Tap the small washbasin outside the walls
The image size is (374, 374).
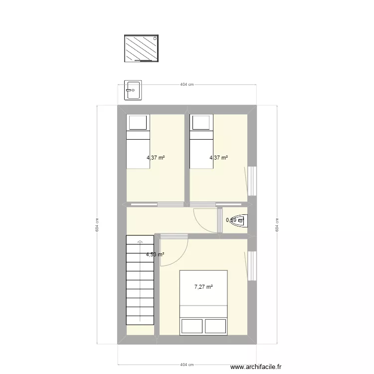(133, 90)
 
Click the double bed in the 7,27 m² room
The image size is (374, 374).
(203, 302)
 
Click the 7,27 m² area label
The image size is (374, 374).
(203, 287)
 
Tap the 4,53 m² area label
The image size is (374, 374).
(155, 254)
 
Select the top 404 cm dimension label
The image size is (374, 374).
(187, 85)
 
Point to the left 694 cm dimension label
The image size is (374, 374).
(97, 225)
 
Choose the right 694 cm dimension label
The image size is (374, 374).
(277, 225)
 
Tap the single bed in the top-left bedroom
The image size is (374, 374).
(138, 142)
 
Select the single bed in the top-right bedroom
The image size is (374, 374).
(201, 142)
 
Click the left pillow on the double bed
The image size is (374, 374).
(191, 326)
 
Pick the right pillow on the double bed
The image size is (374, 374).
(215, 326)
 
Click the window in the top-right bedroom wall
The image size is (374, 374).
(252, 181)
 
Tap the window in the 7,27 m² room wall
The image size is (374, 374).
(252, 265)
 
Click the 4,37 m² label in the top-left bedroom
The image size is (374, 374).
(156, 158)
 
